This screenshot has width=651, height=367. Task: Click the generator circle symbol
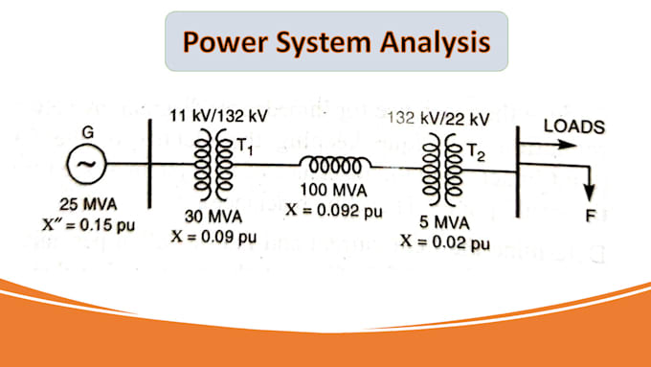[84, 165]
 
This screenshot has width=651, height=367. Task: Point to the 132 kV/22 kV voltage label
[438, 119]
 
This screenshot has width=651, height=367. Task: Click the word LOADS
[572, 126]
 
